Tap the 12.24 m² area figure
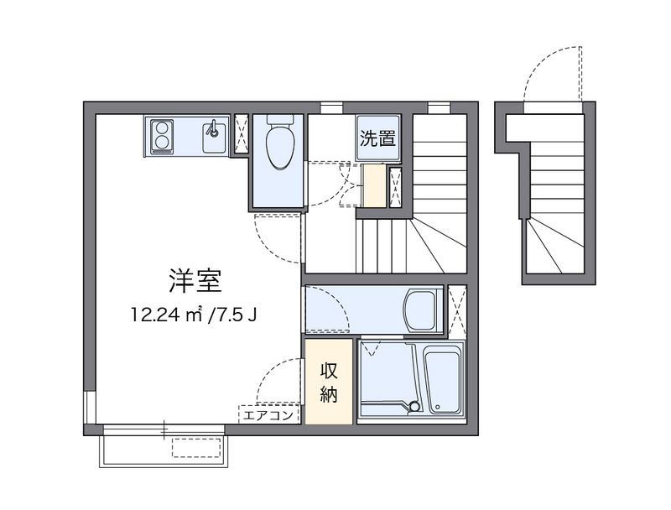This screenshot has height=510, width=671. pos(167,316)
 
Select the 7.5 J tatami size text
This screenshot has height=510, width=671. pos(237,316)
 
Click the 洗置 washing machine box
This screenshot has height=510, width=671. pos(377,139)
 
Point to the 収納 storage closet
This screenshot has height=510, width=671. pos(328,382)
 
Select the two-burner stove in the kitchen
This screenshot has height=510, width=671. pos(161,136)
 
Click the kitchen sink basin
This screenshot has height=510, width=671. pos(214,136)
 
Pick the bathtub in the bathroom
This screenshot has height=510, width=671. pos(444,379)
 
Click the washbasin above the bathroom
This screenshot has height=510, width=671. pos(419,310)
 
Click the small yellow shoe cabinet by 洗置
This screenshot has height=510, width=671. pos(373,185)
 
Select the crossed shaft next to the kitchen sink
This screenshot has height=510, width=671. pos(240,134)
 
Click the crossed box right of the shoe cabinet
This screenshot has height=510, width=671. pos(396,185)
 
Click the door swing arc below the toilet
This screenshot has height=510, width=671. pos(277,239)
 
